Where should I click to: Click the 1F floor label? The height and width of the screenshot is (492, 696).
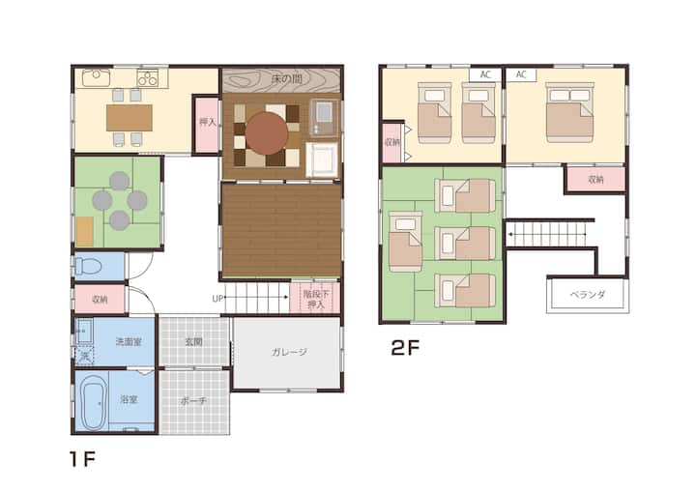pyautogui.click(x=82, y=459)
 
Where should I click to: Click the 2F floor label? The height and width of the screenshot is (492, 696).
pyautogui.click(x=405, y=348)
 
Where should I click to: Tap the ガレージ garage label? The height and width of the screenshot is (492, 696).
pyautogui.click(x=289, y=352)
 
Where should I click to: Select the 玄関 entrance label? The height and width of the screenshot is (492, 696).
pyautogui.click(x=194, y=341)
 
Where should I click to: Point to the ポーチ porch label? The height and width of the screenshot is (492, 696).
pyautogui.click(x=193, y=401)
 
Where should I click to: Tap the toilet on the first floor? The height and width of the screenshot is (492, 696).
pyautogui.click(x=88, y=267)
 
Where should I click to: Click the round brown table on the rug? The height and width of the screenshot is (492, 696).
pyautogui.click(x=267, y=133)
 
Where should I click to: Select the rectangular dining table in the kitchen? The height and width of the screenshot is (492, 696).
pyautogui.click(x=130, y=118)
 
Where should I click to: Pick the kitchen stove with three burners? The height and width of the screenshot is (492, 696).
pyautogui.click(x=147, y=78)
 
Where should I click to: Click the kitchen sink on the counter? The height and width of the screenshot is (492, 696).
pyautogui.click(x=96, y=77)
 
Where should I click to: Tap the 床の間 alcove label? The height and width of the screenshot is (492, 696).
pyautogui.click(x=287, y=80)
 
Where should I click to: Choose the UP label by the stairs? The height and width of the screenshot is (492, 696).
pyautogui.click(x=217, y=299)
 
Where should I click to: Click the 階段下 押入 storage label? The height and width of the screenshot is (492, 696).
pyautogui.click(x=315, y=300)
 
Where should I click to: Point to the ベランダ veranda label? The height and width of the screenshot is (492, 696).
pyautogui.click(x=588, y=295)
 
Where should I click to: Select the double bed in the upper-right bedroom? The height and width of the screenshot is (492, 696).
pyautogui.click(x=569, y=112)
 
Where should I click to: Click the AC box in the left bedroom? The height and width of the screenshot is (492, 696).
pyautogui.click(x=485, y=74)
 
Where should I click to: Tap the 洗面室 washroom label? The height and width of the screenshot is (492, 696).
pyautogui.click(x=129, y=342)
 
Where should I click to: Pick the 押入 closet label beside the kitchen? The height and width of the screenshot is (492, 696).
pyautogui.click(x=207, y=122)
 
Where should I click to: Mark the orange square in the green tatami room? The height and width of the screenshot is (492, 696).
pyautogui.click(x=85, y=231)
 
